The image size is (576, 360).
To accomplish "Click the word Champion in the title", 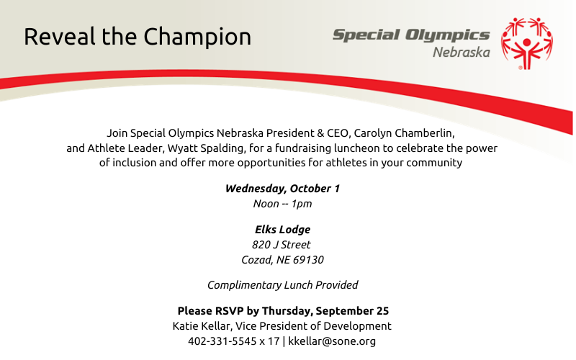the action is pos(197,37).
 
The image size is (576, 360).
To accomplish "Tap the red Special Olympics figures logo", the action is pos(527,43).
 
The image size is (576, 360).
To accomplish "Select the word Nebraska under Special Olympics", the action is pos(462,52).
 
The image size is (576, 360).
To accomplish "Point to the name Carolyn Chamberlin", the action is pos(404,133).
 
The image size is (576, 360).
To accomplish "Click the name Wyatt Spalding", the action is pos(206,148).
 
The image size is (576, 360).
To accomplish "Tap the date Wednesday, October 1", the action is pos(282,189).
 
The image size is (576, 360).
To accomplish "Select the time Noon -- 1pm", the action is pos(282,204).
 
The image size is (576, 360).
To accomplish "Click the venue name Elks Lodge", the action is pos(282,230).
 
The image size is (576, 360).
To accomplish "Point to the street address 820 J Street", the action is pos(282,245).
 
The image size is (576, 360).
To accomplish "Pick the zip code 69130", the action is pos(308,260).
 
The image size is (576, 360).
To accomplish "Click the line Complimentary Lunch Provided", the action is pos(282,285).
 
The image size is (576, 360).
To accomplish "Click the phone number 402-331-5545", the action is pos(222,341).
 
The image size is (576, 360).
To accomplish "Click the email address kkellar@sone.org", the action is pos(332,341).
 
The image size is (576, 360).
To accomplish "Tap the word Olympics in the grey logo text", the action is pos(447,35).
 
